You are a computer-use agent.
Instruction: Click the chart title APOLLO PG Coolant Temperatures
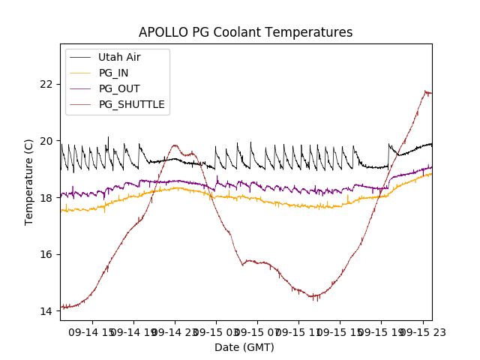[245, 32]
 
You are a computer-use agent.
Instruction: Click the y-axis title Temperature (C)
[29, 181]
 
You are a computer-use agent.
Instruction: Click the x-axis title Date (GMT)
[244, 347]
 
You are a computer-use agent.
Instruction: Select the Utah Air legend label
[119, 57]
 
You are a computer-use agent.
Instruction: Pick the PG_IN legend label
[113, 73]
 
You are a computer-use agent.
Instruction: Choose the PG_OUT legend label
[119, 88]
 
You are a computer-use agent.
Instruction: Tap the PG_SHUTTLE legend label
[132, 104]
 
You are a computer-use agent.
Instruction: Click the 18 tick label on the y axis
[48, 197]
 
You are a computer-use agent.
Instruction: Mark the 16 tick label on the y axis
[48, 254]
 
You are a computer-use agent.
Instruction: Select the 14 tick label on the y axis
[48, 310]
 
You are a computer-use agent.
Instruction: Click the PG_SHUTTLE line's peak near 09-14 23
[175, 145]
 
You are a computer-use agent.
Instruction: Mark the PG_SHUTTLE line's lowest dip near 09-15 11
[315, 297]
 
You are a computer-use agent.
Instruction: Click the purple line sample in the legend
[80, 88]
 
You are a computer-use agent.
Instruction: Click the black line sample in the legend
[80, 57]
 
